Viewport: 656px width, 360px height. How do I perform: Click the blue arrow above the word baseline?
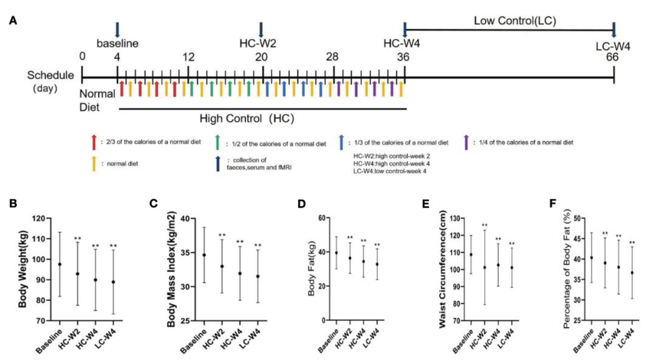coord(117,30)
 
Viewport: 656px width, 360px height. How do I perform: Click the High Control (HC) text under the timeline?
coord(238,119)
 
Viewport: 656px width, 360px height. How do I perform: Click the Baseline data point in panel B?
coord(60,264)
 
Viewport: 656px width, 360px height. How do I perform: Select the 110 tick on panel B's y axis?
coord(40,239)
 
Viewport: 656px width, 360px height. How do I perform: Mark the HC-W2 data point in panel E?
coord(485,267)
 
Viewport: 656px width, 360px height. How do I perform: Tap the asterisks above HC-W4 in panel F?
coord(618,236)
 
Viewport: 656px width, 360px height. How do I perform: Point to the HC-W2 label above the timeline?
coord(260,43)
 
